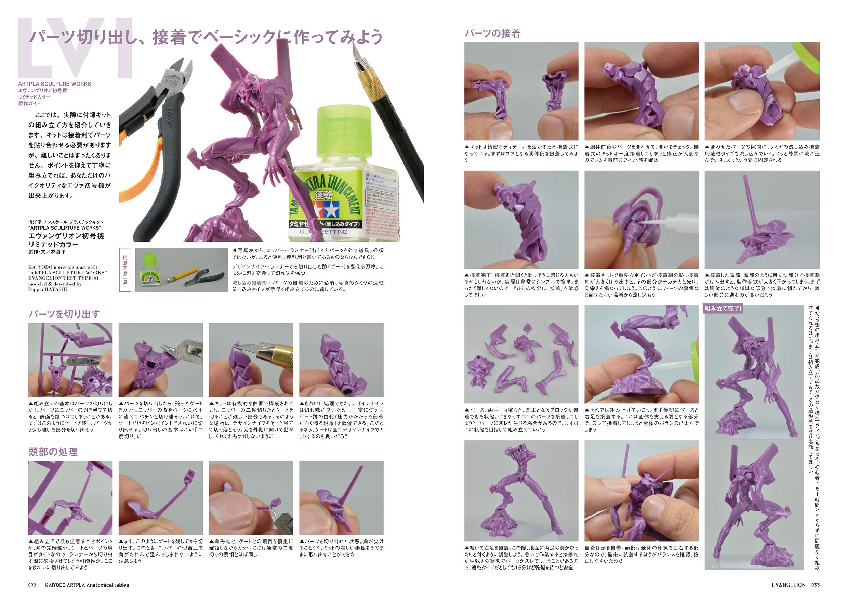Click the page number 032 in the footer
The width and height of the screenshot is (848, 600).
coord(32,585)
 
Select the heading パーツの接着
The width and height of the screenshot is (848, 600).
coord(492,34)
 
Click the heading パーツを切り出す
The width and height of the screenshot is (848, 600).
coord(64,314)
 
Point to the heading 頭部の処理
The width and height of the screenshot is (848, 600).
coord(53,452)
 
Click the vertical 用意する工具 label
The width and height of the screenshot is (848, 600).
coord(125,270)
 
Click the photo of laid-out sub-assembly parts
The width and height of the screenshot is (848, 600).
coord(521,354)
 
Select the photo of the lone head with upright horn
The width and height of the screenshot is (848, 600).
coord(762,220)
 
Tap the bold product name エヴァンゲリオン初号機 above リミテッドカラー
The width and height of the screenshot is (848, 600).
coord(66,236)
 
